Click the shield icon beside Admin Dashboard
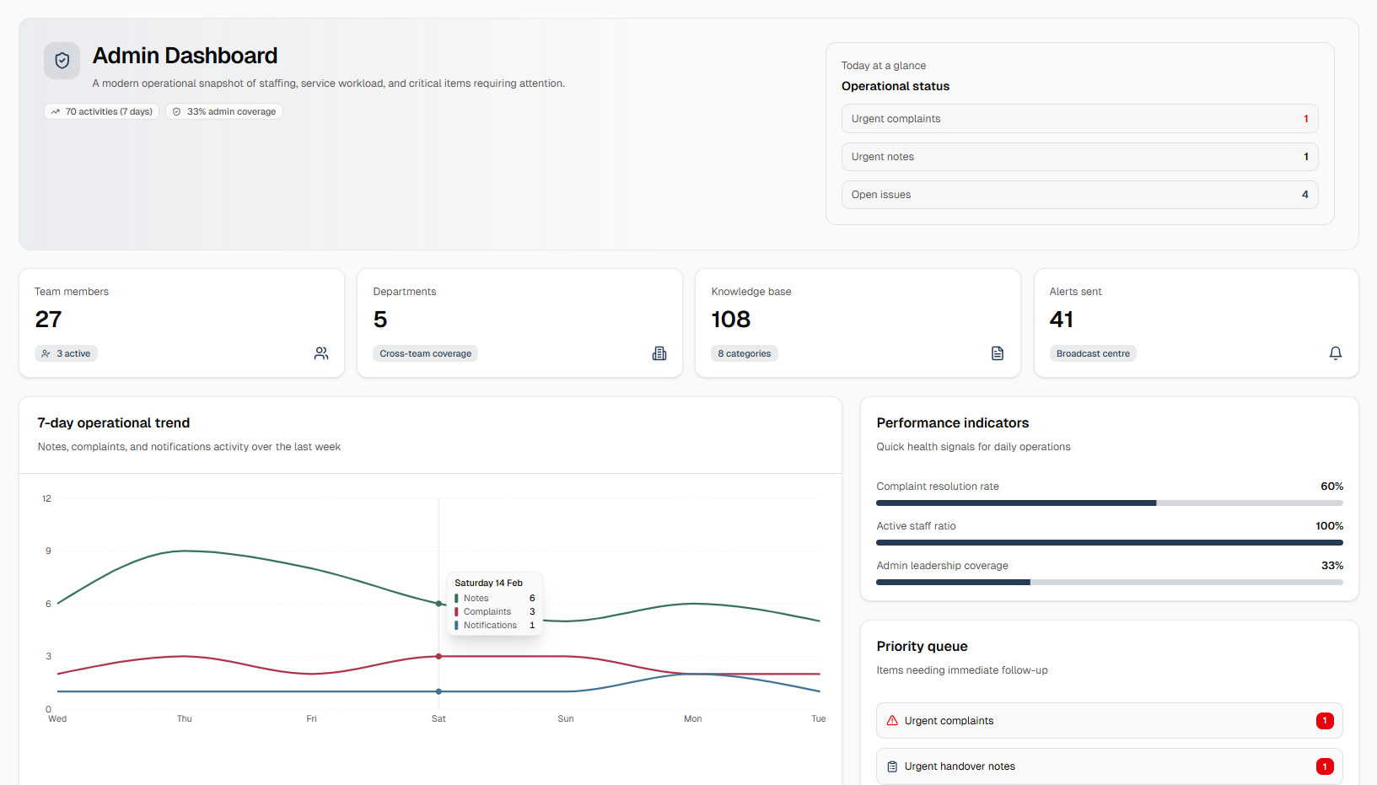coord(62,61)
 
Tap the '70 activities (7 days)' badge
coord(101,111)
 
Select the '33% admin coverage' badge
coord(224,111)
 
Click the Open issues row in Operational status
coord(1079,195)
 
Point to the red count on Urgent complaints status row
coord(1305,119)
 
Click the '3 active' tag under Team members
coord(67,353)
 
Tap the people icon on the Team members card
coord(321,353)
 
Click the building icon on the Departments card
coord(659,353)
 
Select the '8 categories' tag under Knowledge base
coord(745,353)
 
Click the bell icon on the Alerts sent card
coord(1335,353)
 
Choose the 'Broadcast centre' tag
coord(1093,353)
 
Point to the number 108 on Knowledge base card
coord(730,320)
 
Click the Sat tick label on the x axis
coord(438,718)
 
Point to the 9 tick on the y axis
coord(48,551)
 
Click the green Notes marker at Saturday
coord(438,604)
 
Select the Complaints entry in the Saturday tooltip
coord(487,611)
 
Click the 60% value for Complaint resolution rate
coord(1331,487)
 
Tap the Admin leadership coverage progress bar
coord(1109,582)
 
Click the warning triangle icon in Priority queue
coord(892,720)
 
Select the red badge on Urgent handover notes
coord(1325,766)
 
